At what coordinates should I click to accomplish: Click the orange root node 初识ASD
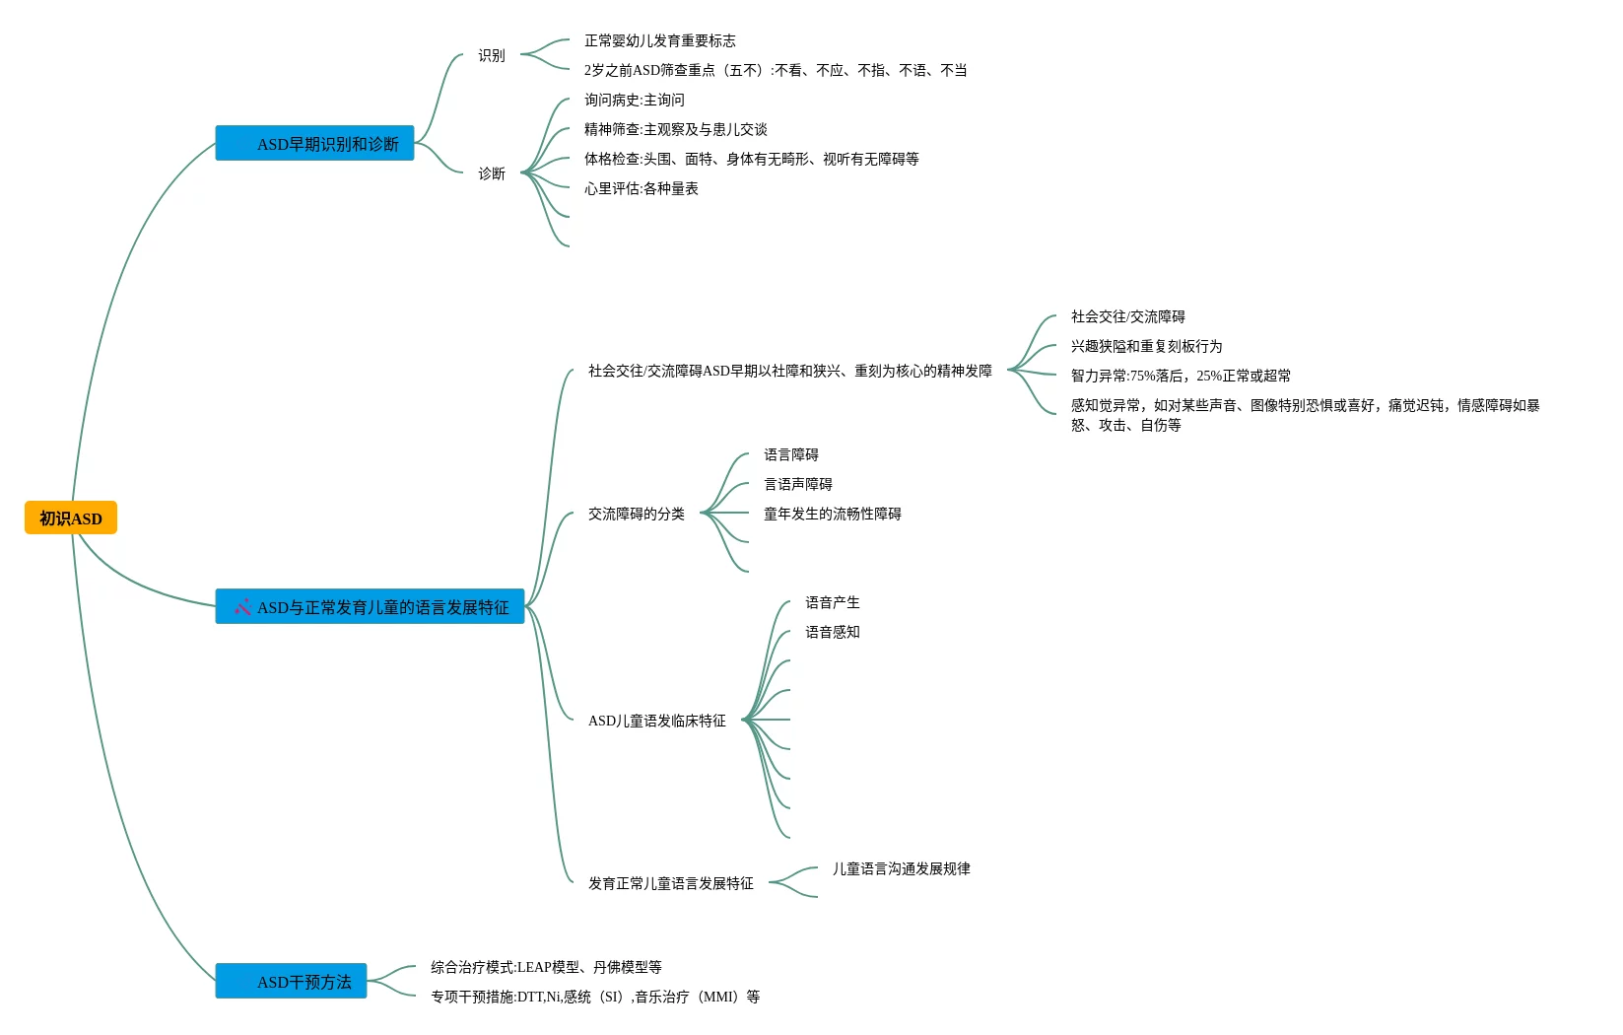(71, 518)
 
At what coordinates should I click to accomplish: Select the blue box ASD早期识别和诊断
(314, 144)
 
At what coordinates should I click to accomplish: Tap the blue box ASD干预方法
(291, 982)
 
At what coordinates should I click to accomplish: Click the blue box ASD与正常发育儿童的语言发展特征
(370, 607)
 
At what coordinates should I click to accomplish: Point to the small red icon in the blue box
(242, 607)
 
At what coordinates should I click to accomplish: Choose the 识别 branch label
(492, 56)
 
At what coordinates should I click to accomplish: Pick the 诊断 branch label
(492, 174)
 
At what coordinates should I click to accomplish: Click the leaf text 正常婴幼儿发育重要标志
(659, 41)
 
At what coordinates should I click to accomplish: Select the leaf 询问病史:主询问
(634, 101)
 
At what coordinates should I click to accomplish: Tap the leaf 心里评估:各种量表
(641, 189)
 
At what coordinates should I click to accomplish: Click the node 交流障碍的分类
(636, 515)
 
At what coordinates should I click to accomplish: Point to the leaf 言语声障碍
(797, 485)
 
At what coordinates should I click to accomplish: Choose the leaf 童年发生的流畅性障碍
(832, 515)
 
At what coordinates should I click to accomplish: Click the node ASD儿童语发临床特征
(656, 722)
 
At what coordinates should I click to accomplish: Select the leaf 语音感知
(832, 633)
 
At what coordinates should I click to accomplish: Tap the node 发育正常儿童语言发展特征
(670, 884)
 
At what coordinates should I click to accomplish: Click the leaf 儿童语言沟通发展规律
(901, 869)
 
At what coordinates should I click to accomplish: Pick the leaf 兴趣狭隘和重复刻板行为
(1146, 347)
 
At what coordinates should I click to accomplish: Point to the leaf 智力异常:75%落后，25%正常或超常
(1181, 377)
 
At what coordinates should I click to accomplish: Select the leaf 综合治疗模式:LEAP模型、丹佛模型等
(546, 968)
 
